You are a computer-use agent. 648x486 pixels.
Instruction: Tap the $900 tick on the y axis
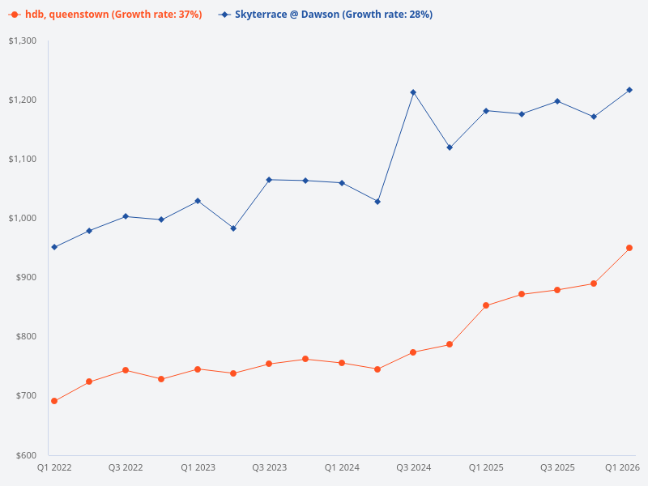27,277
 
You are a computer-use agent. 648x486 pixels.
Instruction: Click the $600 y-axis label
27,455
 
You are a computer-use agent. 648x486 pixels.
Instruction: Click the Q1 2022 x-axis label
54,467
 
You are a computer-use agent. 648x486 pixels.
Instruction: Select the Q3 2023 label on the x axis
269,467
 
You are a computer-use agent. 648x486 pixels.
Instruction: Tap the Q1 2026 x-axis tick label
623,467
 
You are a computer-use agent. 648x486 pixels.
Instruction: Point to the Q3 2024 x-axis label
413,467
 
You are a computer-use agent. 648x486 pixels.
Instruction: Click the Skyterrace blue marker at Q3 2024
413,92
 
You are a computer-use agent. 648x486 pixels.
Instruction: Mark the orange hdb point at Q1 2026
629,248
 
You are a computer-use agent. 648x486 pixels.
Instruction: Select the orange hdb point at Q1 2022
54,401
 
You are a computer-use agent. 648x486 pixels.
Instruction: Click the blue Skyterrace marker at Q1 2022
54,247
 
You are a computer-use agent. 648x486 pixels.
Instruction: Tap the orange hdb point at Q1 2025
486,305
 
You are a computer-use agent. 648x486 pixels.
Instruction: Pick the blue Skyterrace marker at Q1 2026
629,90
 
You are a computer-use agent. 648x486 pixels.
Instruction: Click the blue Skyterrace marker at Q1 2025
486,111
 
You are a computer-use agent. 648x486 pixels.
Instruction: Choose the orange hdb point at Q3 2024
413,352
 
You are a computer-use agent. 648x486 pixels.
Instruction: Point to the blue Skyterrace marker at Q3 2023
269,180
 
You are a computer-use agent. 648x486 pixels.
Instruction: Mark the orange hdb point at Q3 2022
126,370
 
